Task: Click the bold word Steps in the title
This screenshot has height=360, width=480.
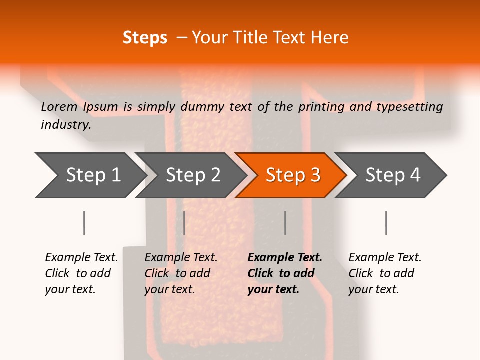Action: (145, 37)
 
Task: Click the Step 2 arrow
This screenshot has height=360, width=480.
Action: (192, 175)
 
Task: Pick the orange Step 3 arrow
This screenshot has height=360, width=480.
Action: (292, 175)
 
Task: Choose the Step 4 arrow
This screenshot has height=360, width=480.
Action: (392, 175)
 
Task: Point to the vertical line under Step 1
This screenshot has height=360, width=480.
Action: (84, 223)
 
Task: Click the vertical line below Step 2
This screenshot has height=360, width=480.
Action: (184, 223)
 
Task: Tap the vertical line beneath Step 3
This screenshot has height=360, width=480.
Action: (285, 223)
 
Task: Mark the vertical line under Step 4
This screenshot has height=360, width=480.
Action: (386, 223)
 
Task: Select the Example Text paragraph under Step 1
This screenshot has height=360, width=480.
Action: (81, 273)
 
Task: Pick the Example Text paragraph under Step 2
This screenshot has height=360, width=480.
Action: (180, 273)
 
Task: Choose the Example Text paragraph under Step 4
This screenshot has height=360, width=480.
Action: (384, 273)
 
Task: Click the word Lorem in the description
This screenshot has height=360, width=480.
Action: (59, 106)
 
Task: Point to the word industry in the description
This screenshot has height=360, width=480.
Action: (66, 124)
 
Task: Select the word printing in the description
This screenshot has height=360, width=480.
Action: (321, 106)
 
